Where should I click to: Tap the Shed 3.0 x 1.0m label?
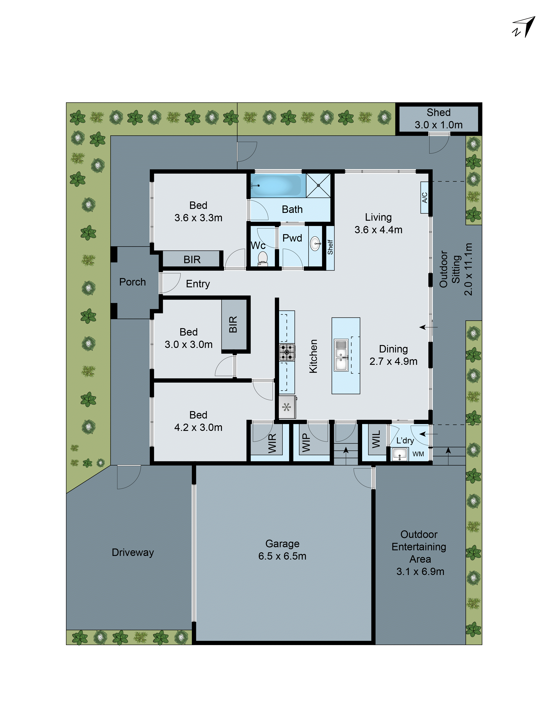(x=438, y=119)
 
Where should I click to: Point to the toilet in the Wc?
(x=262, y=258)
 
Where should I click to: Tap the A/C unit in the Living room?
(x=424, y=198)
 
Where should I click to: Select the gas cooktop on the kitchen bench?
(x=287, y=352)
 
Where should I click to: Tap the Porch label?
(x=133, y=282)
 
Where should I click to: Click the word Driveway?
(x=133, y=552)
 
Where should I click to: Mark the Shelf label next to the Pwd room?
(x=330, y=247)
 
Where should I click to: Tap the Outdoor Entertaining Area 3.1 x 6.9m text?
(x=419, y=553)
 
